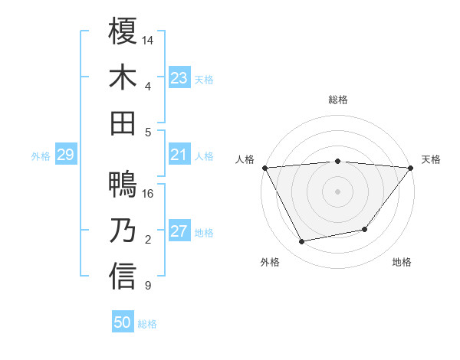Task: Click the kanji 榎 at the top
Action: coord(123,34)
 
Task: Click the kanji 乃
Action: coord(123,231)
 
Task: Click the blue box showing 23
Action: coord(179,77)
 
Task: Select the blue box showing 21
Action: coord(179,155)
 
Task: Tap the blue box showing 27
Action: coord(179,232)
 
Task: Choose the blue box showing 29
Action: coord(65,155)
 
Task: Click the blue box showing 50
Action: coord(123,322)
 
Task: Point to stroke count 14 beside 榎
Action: coord(148,39)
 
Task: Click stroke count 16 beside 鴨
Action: coord(148,194)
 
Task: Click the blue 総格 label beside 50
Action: coord(147,324)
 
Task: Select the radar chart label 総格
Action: coord(337,100)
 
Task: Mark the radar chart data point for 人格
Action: coord(264,168)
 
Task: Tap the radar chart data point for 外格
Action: coord(301,242)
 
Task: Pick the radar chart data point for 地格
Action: coord(365,229)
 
